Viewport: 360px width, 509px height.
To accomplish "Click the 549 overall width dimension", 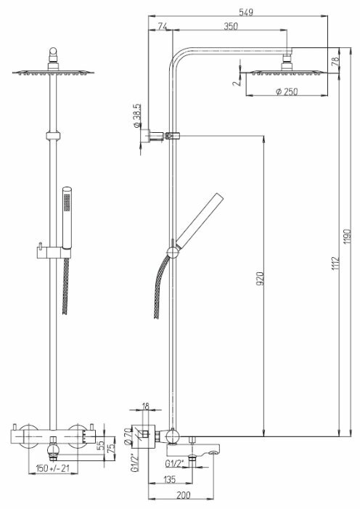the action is click(x=246, y=12).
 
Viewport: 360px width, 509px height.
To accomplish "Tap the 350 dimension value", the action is click(x=231, y=26).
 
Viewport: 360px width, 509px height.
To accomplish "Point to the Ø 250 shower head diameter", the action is click(x=287, y=91).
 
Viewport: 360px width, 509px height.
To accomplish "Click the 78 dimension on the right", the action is click(x=335, y=61).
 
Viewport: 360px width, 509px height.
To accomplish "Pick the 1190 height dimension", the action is click(x=348, y=237).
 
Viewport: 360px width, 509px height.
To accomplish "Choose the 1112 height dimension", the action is click(x=335, y=264).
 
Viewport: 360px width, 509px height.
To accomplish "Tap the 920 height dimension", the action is click(x=261, y=279).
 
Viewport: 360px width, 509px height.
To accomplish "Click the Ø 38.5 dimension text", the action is click(x=136, y=115).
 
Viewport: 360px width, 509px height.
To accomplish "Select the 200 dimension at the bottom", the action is click(x=184, y=495).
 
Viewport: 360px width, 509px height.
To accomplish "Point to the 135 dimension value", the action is click(x=169, y=479).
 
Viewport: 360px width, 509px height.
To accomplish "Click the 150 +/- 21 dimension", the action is click(x=52, y=468).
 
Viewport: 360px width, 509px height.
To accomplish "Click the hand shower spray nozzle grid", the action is click(x=67, y=203).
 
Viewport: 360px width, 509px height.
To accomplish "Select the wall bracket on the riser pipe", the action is click(x=150, y=135).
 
